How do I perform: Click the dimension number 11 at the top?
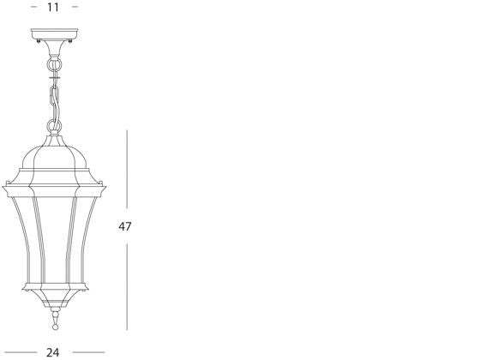pyautogui.click(x=53, y=7)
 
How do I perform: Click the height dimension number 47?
pyautogui.click(x=126, y=227)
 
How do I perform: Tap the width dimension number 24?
pyautogui.click(x=53, y=351)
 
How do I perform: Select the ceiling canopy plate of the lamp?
pyautogui.click(x=54, y=36)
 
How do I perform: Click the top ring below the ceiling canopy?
pyautogui.click(x=55, y=63)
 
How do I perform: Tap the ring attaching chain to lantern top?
pyautogui.click(x=56, y=127)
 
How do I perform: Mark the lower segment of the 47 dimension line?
pyautogui.click(x=127, y=287)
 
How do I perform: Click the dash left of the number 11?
pyautogui.click(x=33, y=7)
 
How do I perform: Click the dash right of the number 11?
pyautogui.click(x=75, y=7)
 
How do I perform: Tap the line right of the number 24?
pyautogui.click(x=88, y=351)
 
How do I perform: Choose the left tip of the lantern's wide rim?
pyautogui.click(x=3, y=183)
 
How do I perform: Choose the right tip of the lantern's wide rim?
pyautogui.click(x=109, y=183)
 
